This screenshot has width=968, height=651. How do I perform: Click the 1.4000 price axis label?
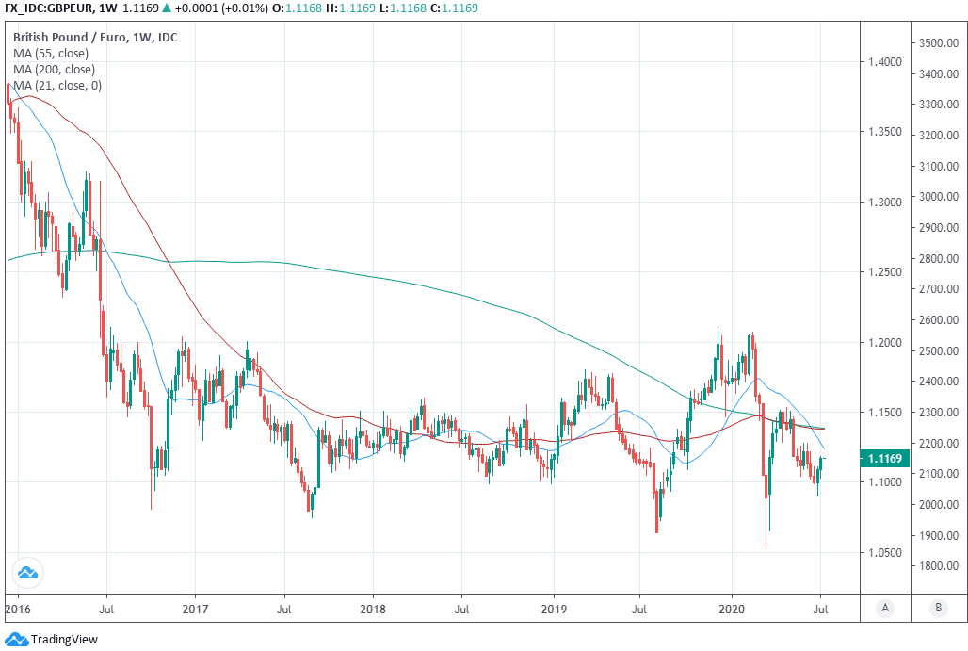point(884,62)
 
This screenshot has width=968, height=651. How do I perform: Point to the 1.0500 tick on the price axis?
point(884,552)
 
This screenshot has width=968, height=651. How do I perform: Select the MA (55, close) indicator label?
point(51,54)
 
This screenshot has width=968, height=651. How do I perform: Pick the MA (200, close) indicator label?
point(54,70)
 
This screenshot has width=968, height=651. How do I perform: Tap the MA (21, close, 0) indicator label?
point(57,86)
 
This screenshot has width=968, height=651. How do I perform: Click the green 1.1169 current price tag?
point(885,459)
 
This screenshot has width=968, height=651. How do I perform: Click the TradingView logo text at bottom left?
point(64,640)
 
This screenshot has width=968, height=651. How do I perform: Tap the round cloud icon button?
point(26,572)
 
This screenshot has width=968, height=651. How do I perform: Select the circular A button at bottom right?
point(885,608)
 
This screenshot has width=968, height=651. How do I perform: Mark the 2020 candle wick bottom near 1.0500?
point(766,547)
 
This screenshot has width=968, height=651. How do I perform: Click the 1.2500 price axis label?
point(884,272)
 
